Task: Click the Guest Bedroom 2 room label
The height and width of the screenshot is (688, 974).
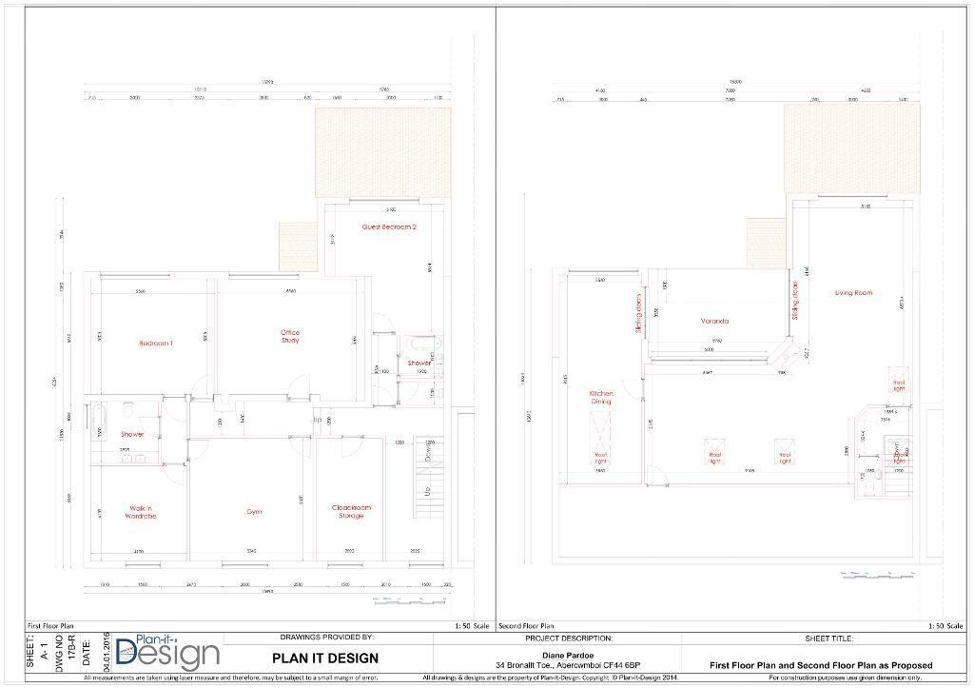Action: [x=389, y=227]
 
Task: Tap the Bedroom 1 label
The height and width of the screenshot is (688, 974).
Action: [x=156, y=343]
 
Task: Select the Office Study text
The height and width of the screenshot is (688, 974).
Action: [x=290, y=336]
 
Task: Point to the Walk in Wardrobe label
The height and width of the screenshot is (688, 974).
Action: [x=142, y=512]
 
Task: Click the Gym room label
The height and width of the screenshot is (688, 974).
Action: [x=254, y=512]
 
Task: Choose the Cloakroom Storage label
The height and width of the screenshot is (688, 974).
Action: [x=351, y=512]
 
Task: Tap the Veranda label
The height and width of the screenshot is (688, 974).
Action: [x=714, y=322]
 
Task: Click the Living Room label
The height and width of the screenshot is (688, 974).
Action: [x=853, y=293]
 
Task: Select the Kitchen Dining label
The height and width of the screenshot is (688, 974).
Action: [x=600, y=398]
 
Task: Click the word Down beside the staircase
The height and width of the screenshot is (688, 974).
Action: [x=430, y=454]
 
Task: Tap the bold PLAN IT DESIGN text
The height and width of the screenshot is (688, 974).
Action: [x=325, y=658]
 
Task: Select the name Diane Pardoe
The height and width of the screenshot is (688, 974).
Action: [x=568, y=654]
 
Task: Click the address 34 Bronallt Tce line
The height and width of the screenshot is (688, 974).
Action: [x=568, y=665]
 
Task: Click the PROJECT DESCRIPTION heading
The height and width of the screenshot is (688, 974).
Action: [x=568, y=639]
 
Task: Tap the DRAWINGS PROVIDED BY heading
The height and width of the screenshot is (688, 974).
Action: [x=326, y=638]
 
